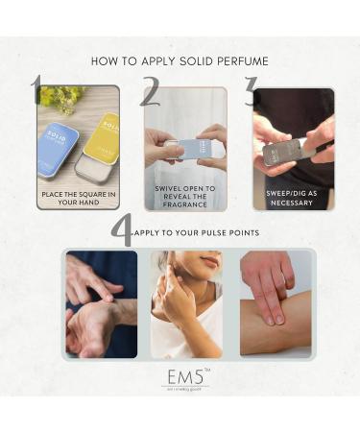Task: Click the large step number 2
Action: click(149, 93)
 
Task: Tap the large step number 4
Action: click(121, 232)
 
